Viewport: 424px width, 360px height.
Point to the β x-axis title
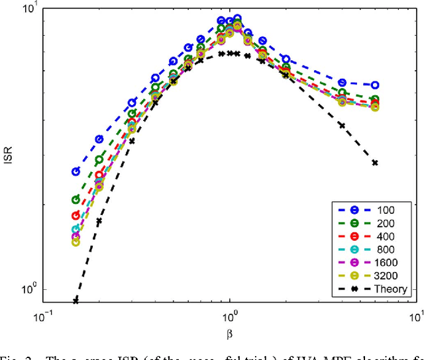point(230,328)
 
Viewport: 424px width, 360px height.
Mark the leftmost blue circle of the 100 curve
point(76,171)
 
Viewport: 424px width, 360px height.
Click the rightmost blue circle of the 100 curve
point(375,85)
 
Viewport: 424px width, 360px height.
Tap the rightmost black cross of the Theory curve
point(375,163)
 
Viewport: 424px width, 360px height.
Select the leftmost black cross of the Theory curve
point(76,300)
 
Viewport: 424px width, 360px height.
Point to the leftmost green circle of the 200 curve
point(76,199)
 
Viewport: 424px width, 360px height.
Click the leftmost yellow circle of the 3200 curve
point(76,242)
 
